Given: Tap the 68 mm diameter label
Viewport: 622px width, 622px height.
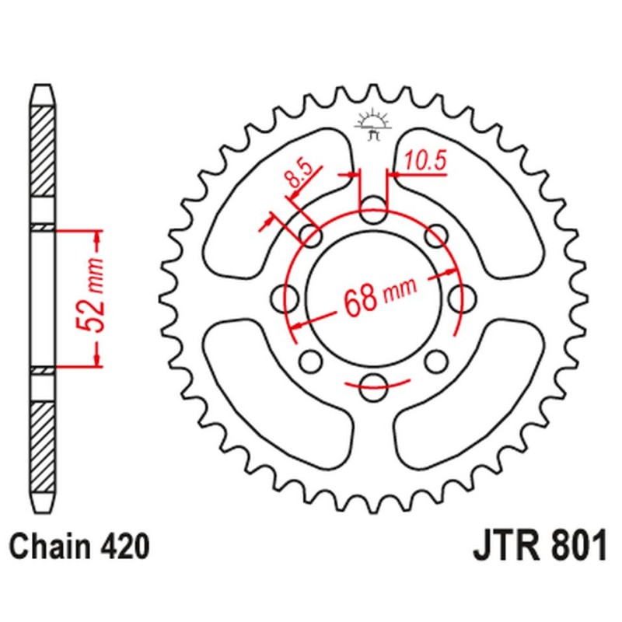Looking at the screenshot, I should (x=379, y=295).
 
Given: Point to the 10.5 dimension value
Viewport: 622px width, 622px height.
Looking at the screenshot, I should (x=425, y=161).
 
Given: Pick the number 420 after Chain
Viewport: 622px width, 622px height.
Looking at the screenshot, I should (x=124, y=547).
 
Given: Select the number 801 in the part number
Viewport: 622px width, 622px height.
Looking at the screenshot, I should (x=576, y=547).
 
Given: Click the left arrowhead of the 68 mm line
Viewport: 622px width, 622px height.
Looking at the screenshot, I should (x=299, y=322).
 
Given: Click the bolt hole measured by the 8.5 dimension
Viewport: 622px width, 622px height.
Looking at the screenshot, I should (x=313, y=236).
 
